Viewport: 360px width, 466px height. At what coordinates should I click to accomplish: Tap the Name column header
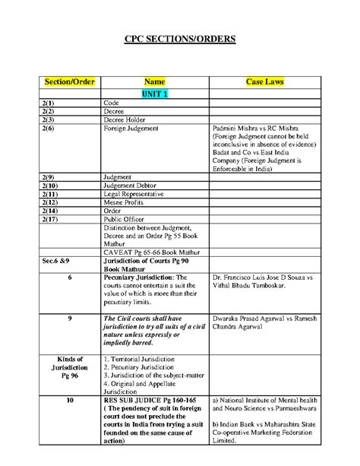click(154, 81)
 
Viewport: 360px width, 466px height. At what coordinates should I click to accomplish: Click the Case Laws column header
click(265, 81)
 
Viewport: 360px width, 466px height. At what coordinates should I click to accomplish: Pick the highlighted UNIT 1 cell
click(154, 93)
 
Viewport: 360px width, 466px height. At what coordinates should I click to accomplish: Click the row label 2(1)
click(47, 103)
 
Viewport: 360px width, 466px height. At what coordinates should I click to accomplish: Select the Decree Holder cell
click(127, 119)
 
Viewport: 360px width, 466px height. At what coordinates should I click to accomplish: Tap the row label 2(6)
click(47, 128)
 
